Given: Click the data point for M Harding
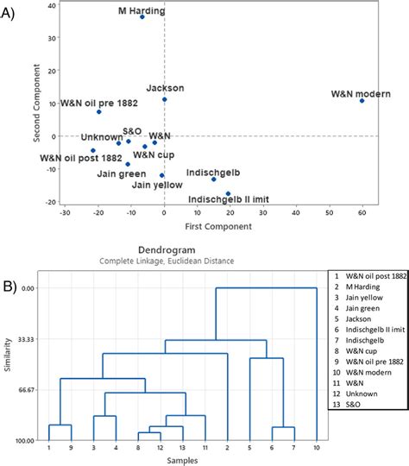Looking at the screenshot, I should coord(142,16).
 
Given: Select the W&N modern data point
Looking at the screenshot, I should coord(362,101).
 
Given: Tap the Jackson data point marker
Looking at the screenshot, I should coord(165,99).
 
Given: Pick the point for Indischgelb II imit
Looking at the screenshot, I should coord(228,193).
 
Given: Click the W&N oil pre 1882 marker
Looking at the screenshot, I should coord(99,111).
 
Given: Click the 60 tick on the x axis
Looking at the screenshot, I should coord(362,213).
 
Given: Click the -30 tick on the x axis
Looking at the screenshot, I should coord(66,213).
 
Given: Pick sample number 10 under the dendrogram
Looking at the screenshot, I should coord(316,447).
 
